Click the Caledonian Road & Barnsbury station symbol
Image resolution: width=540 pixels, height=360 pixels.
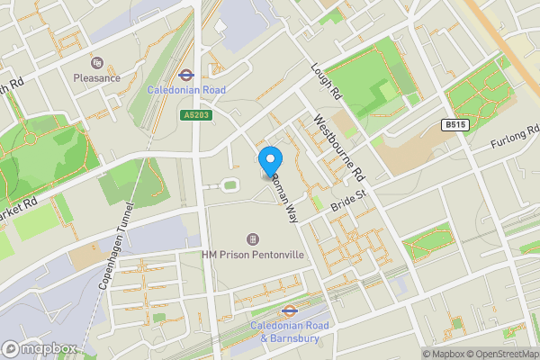[x=290, y=310]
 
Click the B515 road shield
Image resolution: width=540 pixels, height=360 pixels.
[x=457, y=127]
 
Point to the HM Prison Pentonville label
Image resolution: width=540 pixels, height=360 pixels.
[x=253, y=256]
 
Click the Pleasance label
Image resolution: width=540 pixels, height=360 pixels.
[x=97, y=78]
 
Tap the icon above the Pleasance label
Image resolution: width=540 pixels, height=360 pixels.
[x=97, y=63]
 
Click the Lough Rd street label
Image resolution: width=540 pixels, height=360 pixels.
[x=327, y=82]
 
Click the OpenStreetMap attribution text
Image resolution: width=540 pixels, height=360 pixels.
[x=504, y=353]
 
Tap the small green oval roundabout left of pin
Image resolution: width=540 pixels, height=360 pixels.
[x=229, y=184]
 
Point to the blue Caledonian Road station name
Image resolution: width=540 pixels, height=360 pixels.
[x=187, y=91]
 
